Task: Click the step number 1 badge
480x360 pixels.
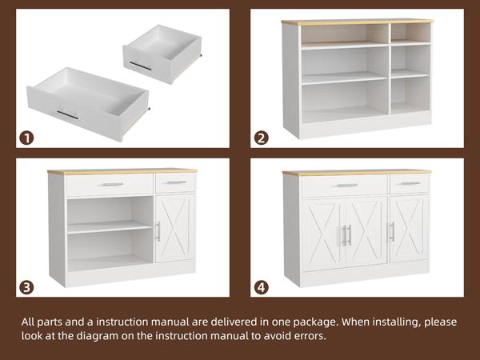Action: point(26,138)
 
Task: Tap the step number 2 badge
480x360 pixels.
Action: point(261,138)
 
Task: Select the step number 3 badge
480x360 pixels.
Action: point(26,288)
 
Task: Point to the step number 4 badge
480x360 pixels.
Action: point(261,288)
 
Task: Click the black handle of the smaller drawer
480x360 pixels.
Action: point(141,66)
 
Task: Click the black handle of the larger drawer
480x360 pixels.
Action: point(68,114)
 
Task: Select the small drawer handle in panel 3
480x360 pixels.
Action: point(176,182)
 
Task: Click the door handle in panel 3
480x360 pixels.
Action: point(158,231)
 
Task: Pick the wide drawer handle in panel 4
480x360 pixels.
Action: point(347,186)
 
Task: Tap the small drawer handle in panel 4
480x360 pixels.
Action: point(410,183)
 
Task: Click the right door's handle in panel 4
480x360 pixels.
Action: point(392,232)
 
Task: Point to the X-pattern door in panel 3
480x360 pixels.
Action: point(175,228)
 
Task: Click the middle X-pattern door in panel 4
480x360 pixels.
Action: point(366,232)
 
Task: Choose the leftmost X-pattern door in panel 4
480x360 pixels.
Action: point(324,234)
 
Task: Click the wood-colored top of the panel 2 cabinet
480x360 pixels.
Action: point(358,22)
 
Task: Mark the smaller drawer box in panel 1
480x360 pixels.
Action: point(162,54)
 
